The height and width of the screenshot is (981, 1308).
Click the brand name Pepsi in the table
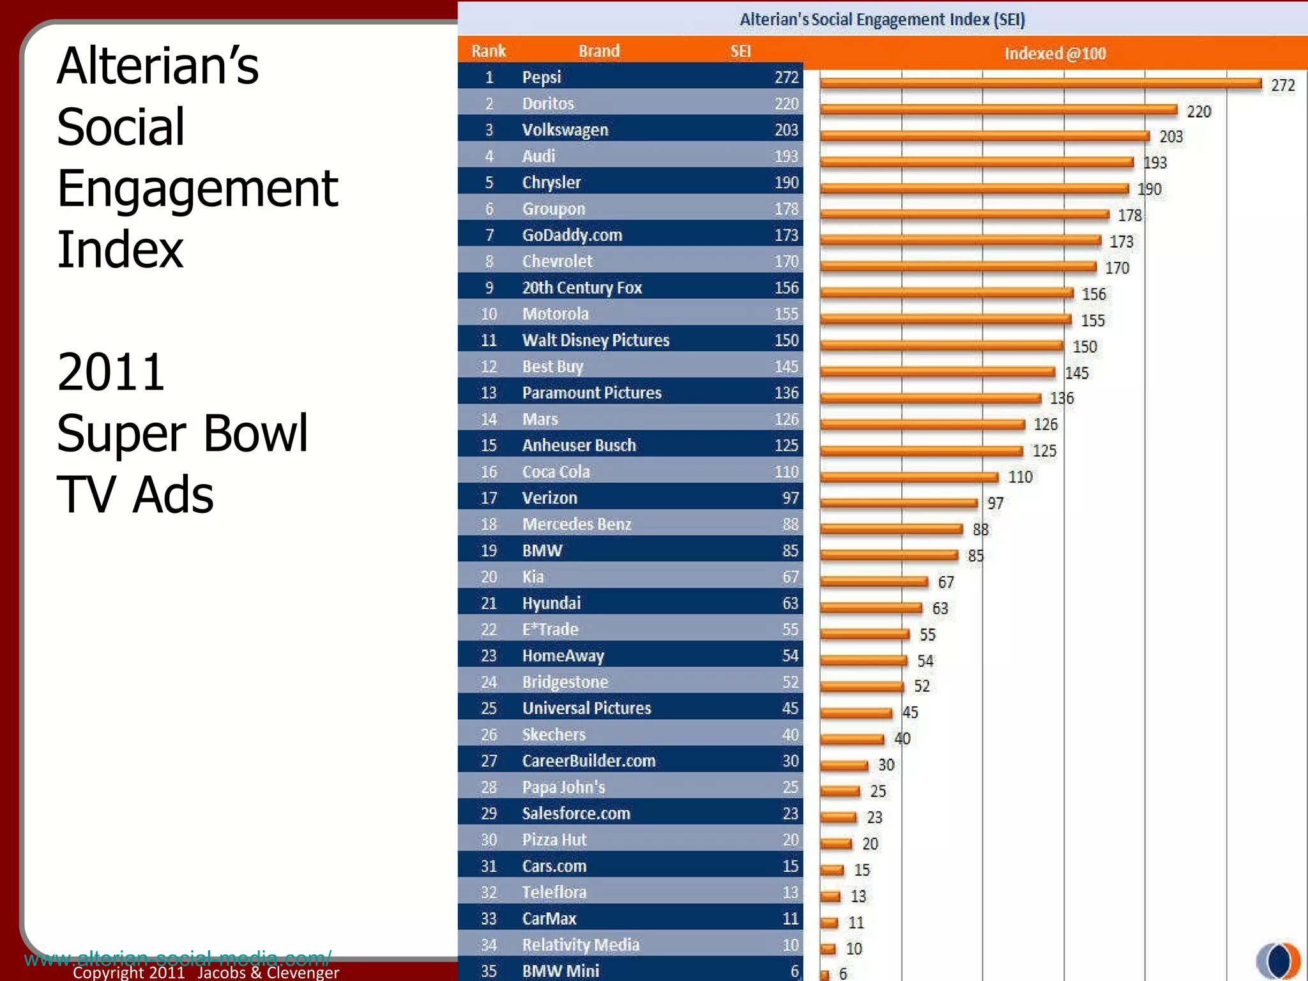(542, 77)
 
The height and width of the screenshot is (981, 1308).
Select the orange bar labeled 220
(998, 110)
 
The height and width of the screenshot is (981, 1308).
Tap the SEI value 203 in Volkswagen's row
(786, 130)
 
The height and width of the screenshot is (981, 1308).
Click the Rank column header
(489, 51)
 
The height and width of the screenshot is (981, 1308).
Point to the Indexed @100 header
(1055, 54)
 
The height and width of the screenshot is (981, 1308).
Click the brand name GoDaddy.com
(572, 235)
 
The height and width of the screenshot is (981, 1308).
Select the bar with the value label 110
(909, 478)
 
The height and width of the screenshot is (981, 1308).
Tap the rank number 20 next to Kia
(489, 577)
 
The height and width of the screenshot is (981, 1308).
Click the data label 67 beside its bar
(946, 582)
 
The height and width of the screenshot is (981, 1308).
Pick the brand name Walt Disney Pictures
(596, 340)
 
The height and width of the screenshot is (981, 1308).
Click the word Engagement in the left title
(197, 190)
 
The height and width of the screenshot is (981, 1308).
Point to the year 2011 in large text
(111, 372)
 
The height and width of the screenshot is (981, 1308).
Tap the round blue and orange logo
(1278, 960)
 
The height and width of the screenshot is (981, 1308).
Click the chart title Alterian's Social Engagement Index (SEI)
(882, 20)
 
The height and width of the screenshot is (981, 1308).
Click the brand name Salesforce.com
(576, 814)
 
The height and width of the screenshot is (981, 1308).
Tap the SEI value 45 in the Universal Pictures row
(790, 708)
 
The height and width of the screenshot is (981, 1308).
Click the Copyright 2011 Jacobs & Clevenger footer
(206, 973)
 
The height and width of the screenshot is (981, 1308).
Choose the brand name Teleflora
(554, 892)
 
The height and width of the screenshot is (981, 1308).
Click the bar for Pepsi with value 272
(1040, 84)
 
